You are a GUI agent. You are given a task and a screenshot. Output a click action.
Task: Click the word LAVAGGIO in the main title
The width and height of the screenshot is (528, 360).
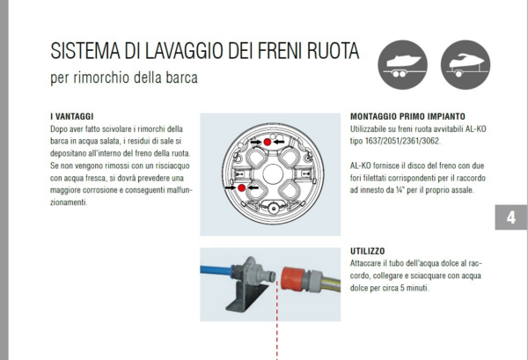[185, 51]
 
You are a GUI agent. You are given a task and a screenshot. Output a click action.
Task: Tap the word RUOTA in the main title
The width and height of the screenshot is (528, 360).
[333, 51]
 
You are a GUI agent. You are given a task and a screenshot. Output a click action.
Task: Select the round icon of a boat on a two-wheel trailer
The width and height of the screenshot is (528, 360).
[403, 64]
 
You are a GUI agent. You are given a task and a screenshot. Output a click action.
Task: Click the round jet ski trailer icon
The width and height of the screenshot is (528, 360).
[466, 64]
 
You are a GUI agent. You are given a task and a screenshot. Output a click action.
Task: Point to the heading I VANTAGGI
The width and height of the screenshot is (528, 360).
[72, 116]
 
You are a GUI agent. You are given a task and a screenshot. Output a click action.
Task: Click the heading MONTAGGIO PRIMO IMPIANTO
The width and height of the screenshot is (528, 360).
[407, 116]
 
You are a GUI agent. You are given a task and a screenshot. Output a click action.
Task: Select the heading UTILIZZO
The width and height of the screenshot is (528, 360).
[367, 251]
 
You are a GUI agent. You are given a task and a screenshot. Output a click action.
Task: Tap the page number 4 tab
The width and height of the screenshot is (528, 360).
[510, 217]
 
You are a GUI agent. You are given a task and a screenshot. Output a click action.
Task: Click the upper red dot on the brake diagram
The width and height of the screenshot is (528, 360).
[268, 142]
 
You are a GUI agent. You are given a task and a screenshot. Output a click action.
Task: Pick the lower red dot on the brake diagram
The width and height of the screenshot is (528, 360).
[241, 187]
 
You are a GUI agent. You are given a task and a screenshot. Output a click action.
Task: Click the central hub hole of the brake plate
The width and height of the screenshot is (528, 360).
[273, 173]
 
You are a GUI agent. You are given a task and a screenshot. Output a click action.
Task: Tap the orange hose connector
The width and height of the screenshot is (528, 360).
[294, 279]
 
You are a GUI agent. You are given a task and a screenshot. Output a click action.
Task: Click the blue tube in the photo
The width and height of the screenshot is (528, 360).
[216, 269]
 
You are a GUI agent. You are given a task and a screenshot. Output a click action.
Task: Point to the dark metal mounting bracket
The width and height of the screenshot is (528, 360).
[246, 297]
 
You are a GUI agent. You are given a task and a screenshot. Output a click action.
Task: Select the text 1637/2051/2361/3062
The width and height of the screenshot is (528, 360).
[402, 141]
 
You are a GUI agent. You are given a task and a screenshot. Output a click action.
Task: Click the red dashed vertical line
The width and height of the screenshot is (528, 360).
[277, 320]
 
